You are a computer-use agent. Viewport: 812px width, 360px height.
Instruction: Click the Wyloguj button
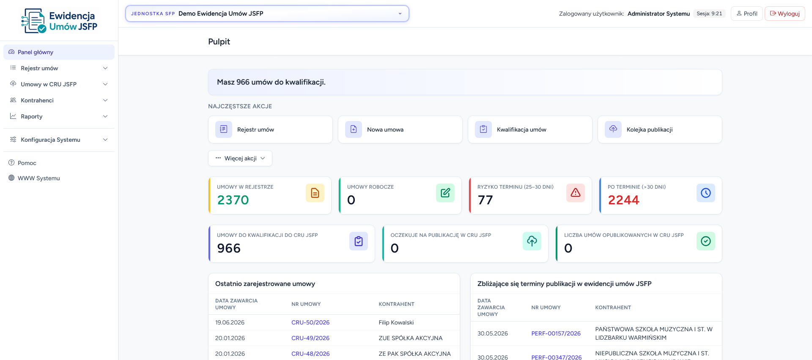tap(785, 14)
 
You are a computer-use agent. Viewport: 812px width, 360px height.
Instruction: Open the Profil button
tap(747, 14)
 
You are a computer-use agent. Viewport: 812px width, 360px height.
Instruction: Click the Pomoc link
tap(27, 163)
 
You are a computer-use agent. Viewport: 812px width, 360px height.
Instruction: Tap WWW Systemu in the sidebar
tap(38, 178)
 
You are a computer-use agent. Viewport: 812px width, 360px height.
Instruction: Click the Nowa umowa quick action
tap(400, 129)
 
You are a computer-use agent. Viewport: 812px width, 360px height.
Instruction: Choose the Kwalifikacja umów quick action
tap(530, 129)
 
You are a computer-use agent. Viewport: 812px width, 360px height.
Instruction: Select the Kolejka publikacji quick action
tap(660, 129)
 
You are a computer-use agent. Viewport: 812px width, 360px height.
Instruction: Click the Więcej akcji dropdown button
tap(240, 158)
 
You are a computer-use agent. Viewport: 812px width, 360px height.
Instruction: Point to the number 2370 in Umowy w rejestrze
tap(233, 200)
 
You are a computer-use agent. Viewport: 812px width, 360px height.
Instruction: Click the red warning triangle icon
tap(576, 193)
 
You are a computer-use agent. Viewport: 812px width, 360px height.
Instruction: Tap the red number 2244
tap(624, 200)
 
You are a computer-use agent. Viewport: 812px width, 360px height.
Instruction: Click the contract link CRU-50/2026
tap(310, 322)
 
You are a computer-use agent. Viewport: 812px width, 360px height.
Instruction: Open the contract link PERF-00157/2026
tap(556, 333)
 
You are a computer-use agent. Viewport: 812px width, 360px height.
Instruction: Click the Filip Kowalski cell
tap(396, 322)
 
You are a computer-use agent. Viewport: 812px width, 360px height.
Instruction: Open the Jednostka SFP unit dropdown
tap(267, 14)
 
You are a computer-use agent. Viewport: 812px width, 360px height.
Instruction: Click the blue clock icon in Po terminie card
tap(706, 193)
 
